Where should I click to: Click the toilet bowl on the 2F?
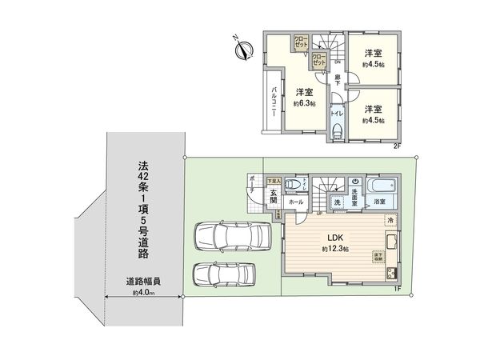pos(337,130)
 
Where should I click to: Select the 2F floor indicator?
pos(396,146)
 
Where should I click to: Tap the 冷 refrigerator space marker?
pos(391,220)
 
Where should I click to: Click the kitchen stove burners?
pos(391,274)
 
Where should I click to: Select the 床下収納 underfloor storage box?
pos(377,257)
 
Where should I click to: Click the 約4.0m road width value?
pos(143,294)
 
